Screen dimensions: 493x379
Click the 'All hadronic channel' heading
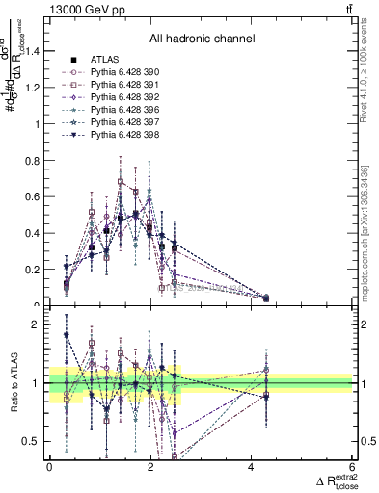[x=202, y=39]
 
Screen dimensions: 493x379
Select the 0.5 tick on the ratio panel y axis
[x=34, y=442]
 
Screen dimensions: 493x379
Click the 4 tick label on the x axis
[x=252, y=467]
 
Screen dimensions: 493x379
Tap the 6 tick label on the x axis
[x=353, y=467]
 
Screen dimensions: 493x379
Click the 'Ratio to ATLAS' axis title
[x=13, y=385]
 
